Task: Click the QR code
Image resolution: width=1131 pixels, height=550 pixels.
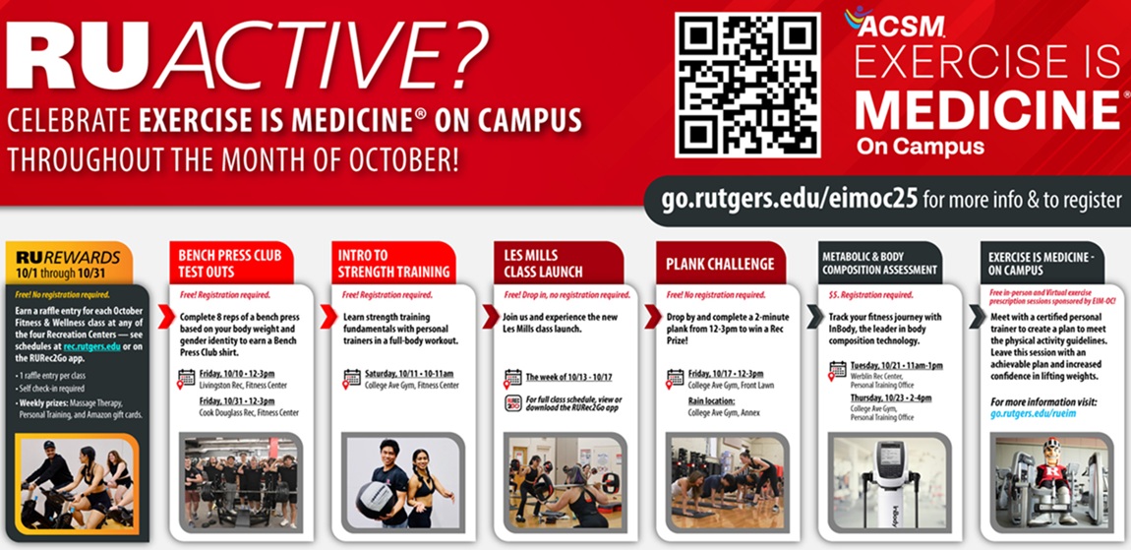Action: pyautogui.click(x=748, y=85)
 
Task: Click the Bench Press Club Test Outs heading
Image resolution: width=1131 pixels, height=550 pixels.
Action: pyautogui.click(x=229, y=263)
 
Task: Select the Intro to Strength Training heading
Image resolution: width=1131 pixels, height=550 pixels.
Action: pyautogui.click(x=393, y=263)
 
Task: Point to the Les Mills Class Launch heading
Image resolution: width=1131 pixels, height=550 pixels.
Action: pyautogui.click(x=543, y=263)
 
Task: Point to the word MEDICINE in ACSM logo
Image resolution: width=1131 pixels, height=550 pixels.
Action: pyautogui.click(x=987, y=109)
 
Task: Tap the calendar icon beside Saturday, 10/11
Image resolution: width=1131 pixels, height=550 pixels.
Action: pyautogui.click(x=352, y=377)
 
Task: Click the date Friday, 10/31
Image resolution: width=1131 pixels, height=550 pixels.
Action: pyautogui.click(x=237, y=401)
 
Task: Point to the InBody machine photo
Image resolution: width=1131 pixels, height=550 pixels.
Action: pyautogui.click(x=885, y=480)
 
